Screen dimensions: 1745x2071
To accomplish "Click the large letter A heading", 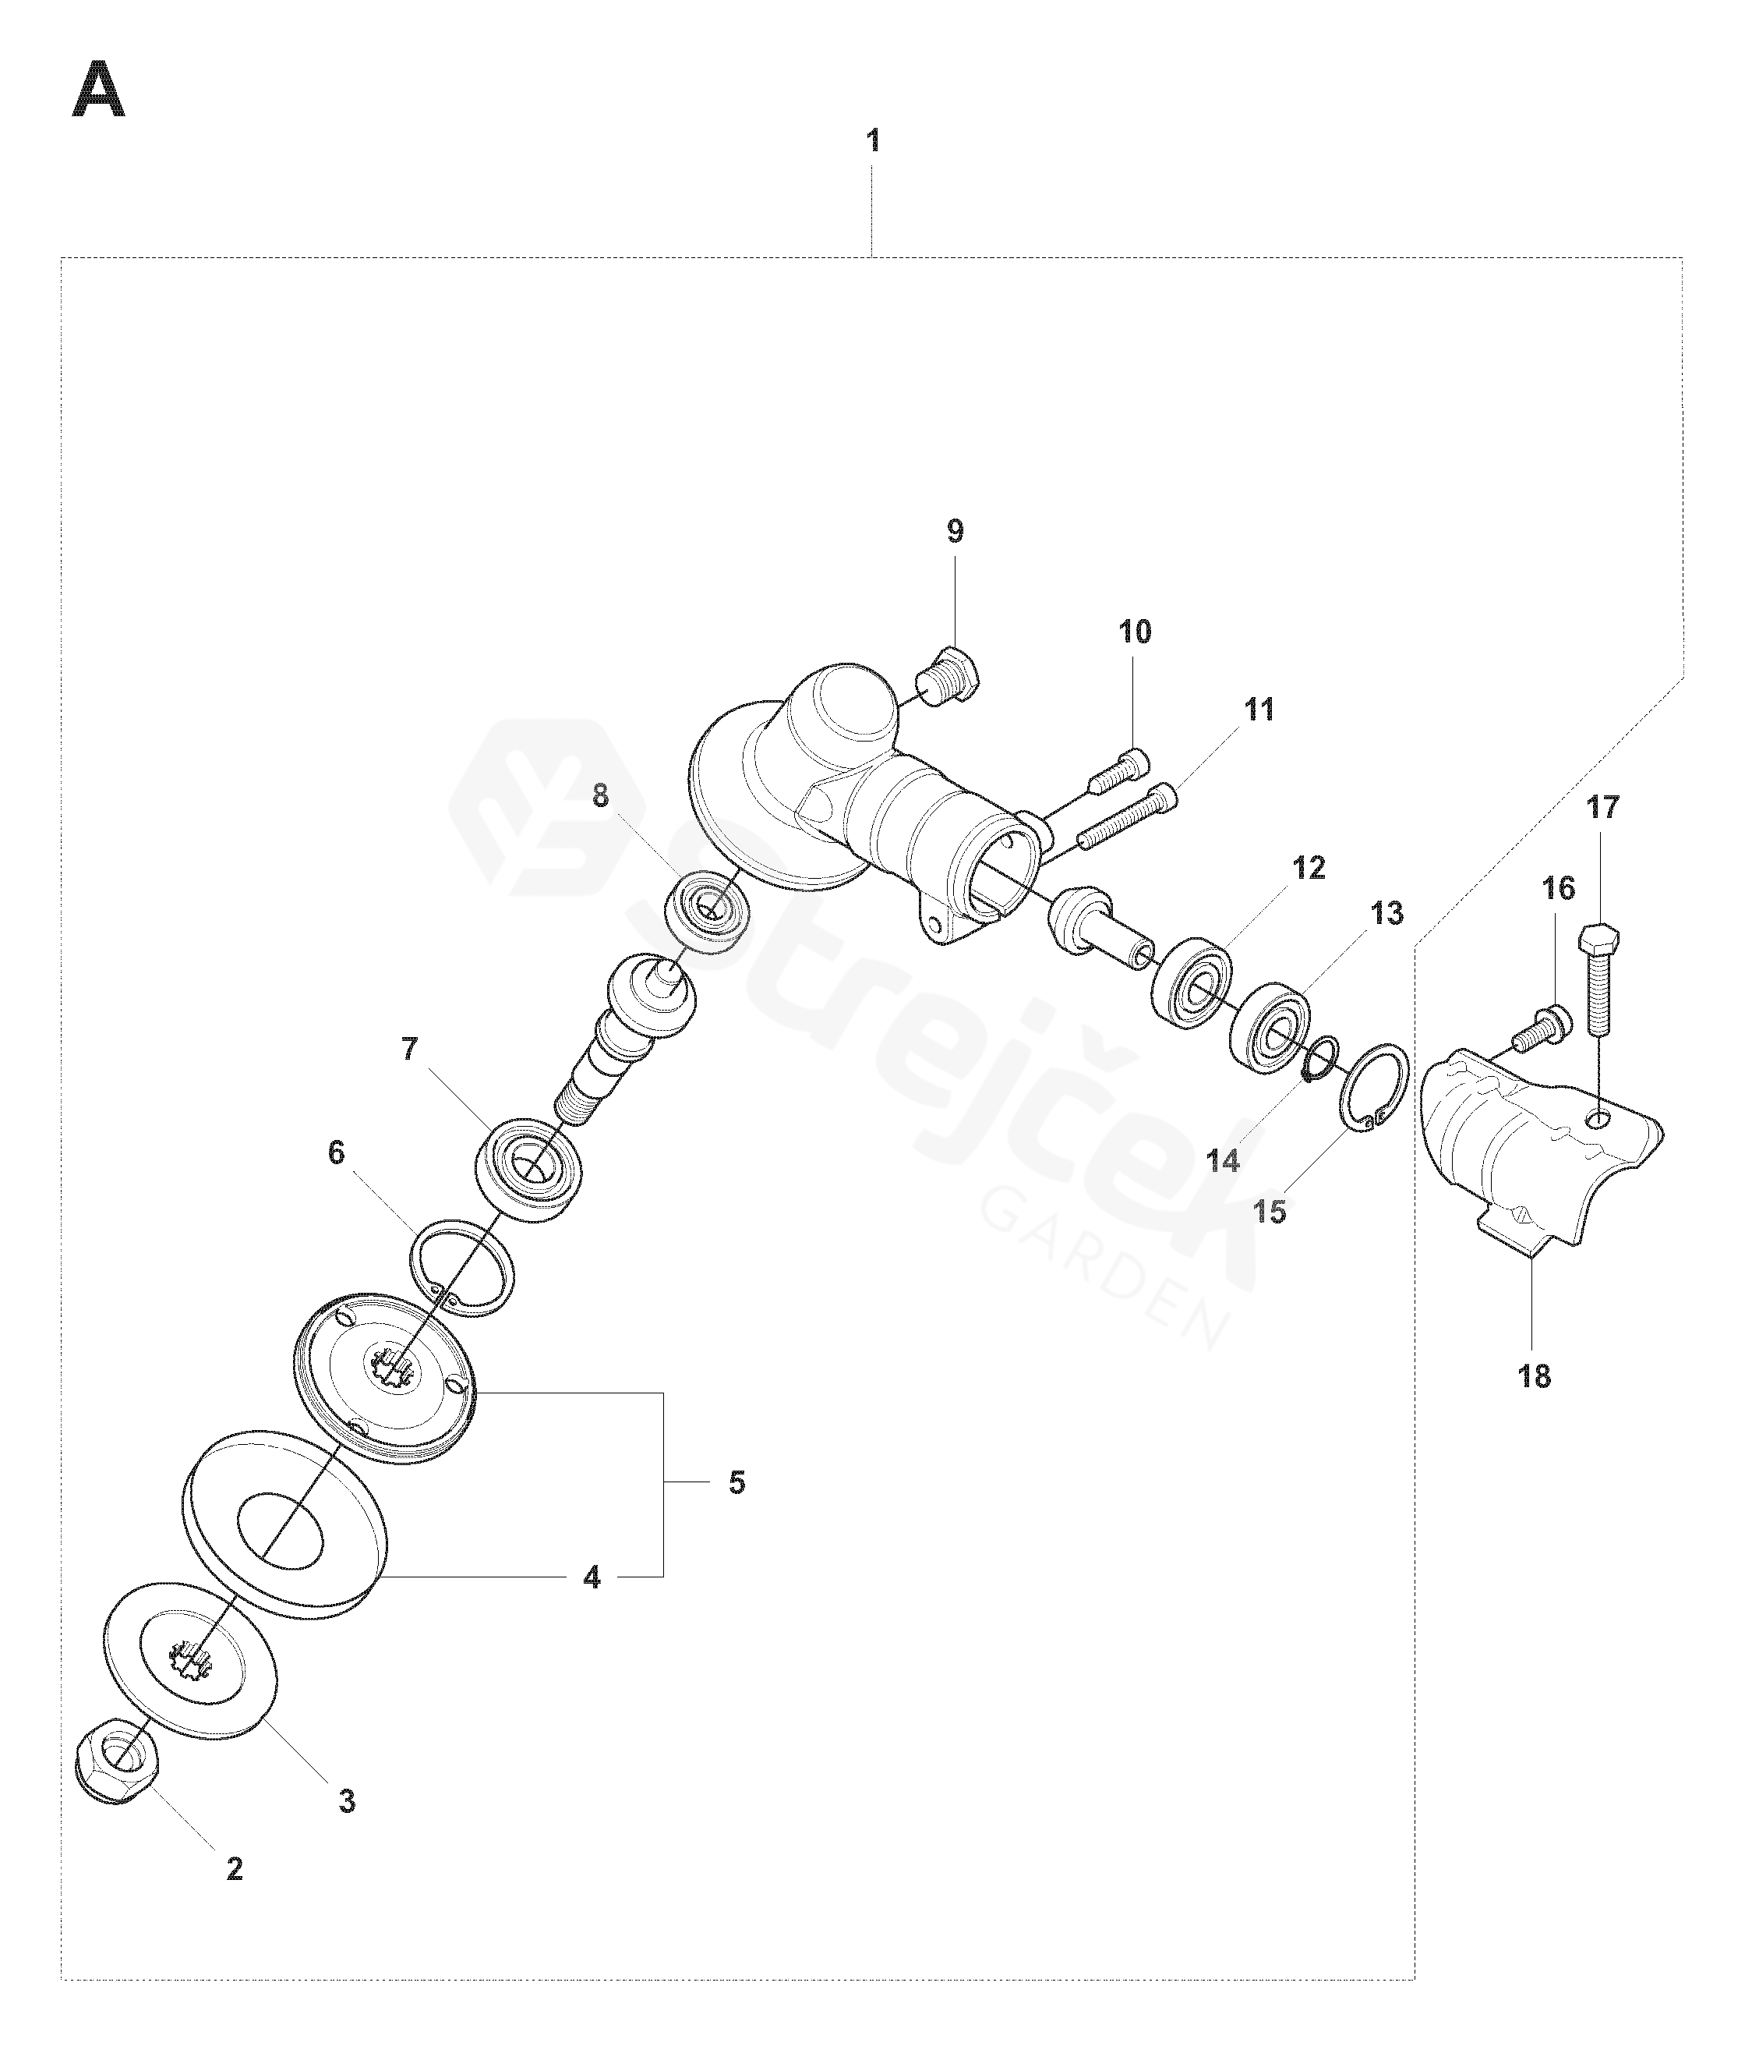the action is (99, 90).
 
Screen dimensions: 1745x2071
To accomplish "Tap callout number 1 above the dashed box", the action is (873, 141).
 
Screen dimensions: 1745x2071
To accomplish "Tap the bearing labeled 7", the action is (528, 1169).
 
